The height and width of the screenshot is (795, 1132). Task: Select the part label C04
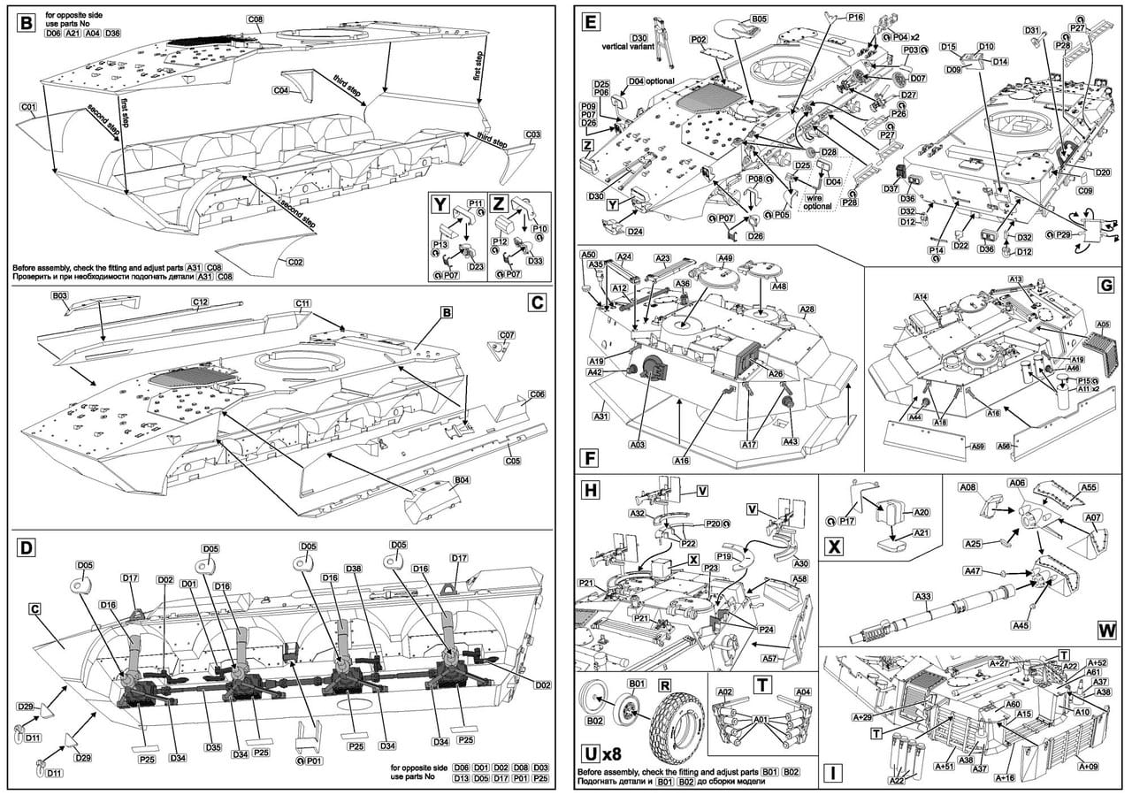click(281, 90)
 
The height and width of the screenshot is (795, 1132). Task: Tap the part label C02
click(295, 262)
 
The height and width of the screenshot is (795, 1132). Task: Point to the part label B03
click(60, 297)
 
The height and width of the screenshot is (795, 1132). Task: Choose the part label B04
click(461, 480)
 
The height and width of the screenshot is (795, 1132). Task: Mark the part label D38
click(353, 568)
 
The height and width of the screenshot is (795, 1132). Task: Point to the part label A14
click(921, 296)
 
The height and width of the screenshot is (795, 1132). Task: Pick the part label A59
click(976, 447)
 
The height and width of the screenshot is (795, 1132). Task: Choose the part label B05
click(759, 19)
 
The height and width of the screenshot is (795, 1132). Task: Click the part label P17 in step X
click(845, 522)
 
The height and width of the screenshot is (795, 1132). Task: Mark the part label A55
click(1090, 487)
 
